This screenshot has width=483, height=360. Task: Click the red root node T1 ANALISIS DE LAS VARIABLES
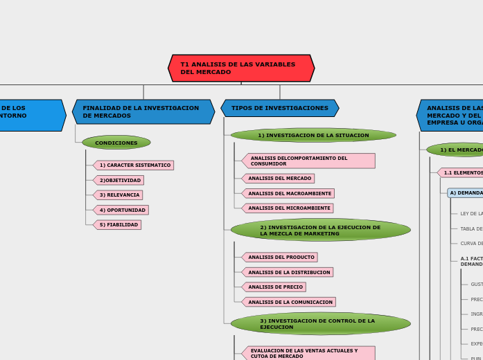[241, 68]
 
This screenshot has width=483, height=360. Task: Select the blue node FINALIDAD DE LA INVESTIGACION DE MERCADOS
[143, 111]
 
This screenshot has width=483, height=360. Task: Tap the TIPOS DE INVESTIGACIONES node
[280, 108]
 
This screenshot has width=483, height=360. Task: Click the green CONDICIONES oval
[116, 143]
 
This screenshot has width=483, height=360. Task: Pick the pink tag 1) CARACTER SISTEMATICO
[134, 165]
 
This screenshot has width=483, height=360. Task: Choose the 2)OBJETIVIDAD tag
[119, 180]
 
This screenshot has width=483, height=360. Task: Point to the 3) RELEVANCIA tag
[118, 195]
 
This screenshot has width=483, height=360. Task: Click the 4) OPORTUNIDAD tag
[121, 210]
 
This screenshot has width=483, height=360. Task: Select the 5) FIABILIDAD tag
[118, 225]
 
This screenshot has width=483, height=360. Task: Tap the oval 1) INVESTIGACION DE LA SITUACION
[313, 135]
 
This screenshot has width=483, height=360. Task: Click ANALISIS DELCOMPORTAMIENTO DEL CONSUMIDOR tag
[308, 161]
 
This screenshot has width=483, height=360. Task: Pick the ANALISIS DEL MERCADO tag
[279, 179]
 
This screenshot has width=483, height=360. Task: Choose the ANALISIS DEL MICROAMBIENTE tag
[288, 208]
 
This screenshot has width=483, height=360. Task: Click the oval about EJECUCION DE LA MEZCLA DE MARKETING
[320, 230]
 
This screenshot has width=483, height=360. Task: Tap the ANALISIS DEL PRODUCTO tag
[280, 258]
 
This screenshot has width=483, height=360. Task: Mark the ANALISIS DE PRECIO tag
[274, 287]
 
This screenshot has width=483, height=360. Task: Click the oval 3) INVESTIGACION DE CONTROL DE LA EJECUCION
[320, 323]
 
